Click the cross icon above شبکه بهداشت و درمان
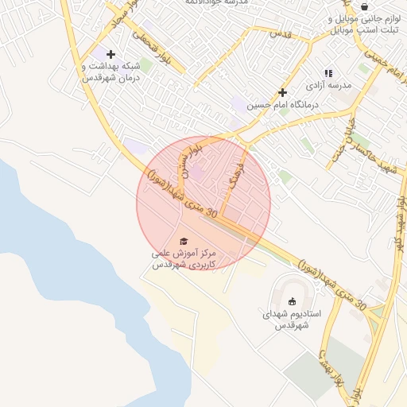[x=110, y=53]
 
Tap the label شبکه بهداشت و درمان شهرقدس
[x=110, y=72]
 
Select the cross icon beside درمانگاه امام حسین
[x=281, y=93]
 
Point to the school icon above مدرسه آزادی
[x=328, y=73]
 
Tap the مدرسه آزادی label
[x=328, y=85]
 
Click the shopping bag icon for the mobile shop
[x=364, y=6]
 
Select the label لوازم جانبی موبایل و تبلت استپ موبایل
[x=362, y=23]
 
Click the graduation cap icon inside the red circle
[x=184, y=241]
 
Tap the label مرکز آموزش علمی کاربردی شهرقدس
[x=184, y=257]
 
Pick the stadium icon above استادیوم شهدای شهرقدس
[x=292, y=300]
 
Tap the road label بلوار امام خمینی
[x=380, y=57]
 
